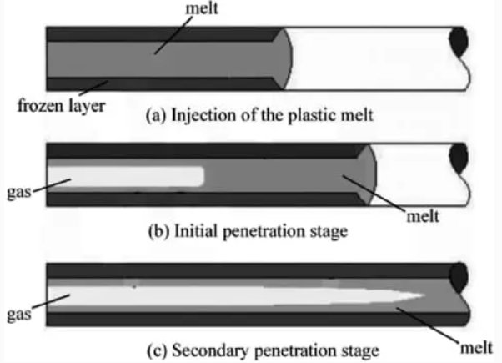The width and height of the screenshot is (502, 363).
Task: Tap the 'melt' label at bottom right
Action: [x=474, y=345]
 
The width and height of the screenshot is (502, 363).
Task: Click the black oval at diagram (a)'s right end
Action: [x=459, y=39]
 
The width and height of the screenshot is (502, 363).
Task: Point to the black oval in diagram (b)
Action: [x=458, y=156]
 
